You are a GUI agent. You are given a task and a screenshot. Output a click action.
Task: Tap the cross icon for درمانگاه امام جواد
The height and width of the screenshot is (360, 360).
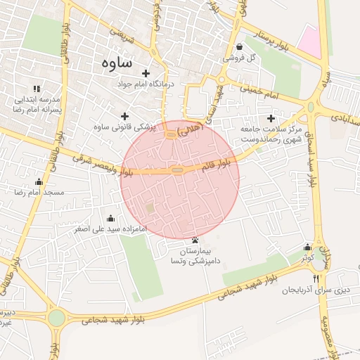[x=146, y=73]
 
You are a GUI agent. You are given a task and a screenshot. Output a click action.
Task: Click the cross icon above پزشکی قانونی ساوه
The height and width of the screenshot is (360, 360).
[x=125, y=116]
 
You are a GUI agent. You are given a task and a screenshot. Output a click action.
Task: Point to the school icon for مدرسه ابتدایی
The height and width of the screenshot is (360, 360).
[x=37, y=89]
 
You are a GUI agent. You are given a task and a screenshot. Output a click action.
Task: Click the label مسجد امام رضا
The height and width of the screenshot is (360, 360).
[x=44, y=192]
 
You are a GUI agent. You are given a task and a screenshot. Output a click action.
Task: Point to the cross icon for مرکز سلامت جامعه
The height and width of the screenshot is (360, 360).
[x=271, y=118]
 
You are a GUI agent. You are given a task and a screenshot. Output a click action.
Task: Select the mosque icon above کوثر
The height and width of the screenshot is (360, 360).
[x=307, y=247]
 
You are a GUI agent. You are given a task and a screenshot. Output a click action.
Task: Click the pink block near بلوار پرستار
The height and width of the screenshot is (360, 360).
[x=310, y=40]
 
